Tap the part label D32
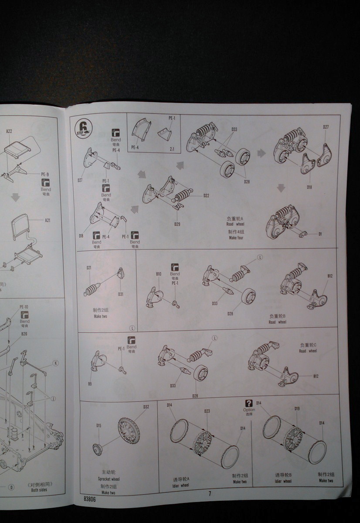click(x=146, y=407)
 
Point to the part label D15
click(x=99, y=425)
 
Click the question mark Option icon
click(x=249, y=404)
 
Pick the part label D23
click(x=207, y=411)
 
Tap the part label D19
click(x=297, y=409)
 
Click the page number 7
click(x=210, y=494)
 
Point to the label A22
click(x=9, y=132)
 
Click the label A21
click(x=48, y=221)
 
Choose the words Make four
click(x=236, y=238)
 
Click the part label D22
click(x=206, y=196)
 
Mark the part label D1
click(x=320, y=234)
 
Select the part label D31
click(x=120, y=294)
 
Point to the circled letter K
click(x=55, y=363)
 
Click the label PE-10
click(x=24, y=307)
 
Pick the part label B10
click(x=159, y=274)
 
